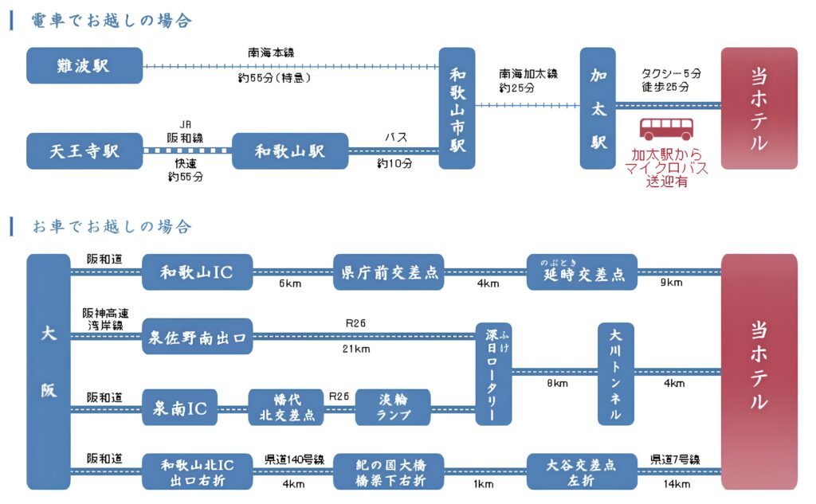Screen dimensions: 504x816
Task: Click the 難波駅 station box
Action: [84, 65]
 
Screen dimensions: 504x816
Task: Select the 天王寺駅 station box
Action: [84, 150]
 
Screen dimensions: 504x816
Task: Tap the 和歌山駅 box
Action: [290, 150]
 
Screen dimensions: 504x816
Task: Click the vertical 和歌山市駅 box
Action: [457, 107]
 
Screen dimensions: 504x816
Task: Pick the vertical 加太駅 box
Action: [598, 107]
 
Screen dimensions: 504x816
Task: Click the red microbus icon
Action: [667, 130]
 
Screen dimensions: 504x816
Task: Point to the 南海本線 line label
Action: [273, 53]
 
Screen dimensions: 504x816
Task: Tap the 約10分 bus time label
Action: [394, 164]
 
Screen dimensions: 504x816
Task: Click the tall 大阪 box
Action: [49, 371]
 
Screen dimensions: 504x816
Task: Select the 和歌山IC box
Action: [197, 272]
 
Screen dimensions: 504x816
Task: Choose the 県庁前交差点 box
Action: [387, 272]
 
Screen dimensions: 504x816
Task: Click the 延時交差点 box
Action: [582, 272]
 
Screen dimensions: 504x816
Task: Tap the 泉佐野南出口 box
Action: [197, 336]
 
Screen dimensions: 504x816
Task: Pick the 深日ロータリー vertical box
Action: [492, 373]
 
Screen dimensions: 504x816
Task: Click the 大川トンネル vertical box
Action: [615, 373]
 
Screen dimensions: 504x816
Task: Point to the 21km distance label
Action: [356, 350]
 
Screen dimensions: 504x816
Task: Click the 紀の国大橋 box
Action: [387, 471]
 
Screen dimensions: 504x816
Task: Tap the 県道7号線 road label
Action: [674, 459]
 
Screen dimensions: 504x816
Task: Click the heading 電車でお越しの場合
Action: [112, 21]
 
